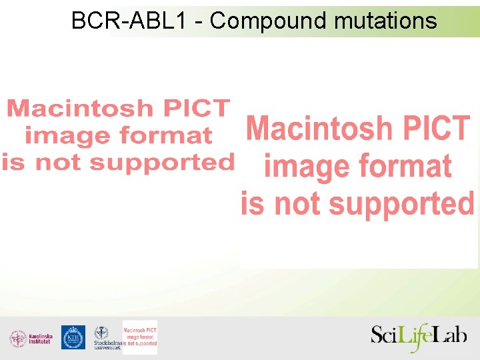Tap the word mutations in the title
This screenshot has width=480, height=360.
(x=385, y=21)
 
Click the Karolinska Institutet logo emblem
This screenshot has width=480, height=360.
(x=18, y=338)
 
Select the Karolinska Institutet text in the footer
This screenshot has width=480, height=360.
(x=40, y=339)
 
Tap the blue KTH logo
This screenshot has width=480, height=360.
(x=73, y=337)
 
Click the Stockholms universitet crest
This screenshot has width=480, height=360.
(x=101, y=333)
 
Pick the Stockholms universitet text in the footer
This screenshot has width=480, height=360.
(x=107, y=345)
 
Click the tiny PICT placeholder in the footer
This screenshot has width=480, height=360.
(x=140, y=337)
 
